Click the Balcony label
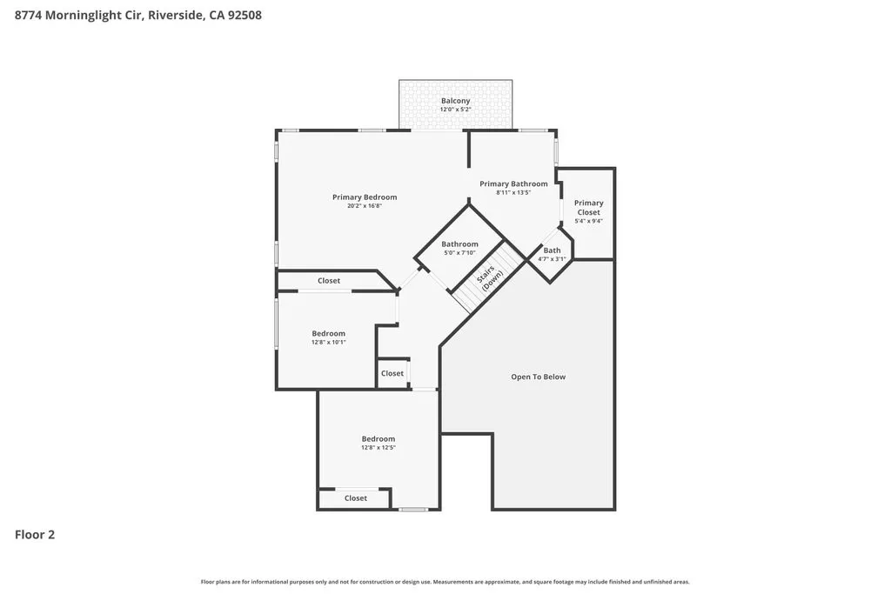pos(455,101)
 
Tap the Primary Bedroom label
pos(365,197)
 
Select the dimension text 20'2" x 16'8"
pos(365,206)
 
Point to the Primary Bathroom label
pos(513,184)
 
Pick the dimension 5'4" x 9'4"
pos(589,221)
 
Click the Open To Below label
pos(538,377)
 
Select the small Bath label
pos(553,250)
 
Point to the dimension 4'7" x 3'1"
pos(553,259)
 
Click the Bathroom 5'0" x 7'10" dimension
pos(459,253)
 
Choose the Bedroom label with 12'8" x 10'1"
pos(329,333)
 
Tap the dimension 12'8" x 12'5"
pos(379,448)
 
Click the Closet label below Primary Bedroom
pos(329,281)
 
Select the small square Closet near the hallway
pos(392,373)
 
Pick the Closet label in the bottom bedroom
pos(356,498)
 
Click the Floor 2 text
pos(35,535)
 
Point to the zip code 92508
pos(245,15)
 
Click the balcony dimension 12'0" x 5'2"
pos(455,110)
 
